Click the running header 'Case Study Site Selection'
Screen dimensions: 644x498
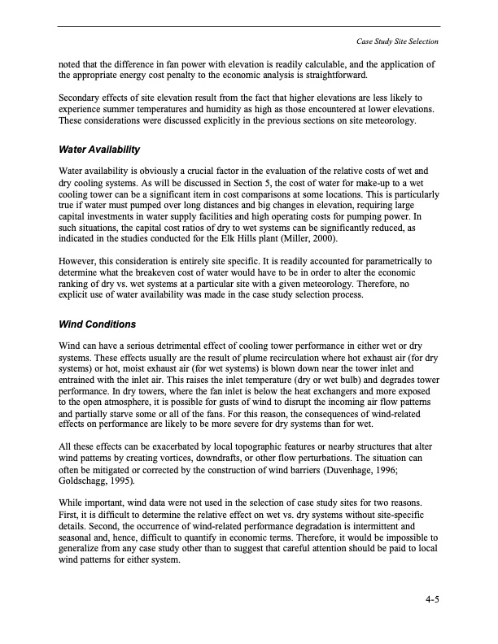coord(397,41)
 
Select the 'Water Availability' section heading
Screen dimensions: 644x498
coord(99,150)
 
